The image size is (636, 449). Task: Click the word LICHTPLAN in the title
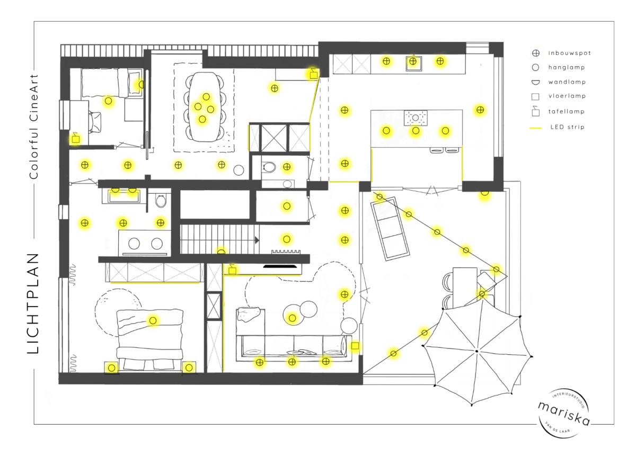click(x=33, y=303)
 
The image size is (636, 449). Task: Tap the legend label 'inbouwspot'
click(x=570, y=53)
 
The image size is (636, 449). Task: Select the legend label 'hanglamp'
click(x=567, y=67)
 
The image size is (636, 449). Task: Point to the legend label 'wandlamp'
click(x=567, y=82)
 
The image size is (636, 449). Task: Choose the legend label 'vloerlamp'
click(x=567, y=96)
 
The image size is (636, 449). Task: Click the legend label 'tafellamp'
click(x=567, y=112)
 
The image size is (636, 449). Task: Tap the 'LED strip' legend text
click(x=568, y=127)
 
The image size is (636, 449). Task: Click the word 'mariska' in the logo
click(x=564, y=414)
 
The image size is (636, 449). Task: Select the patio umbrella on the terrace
click(x=476, y=352)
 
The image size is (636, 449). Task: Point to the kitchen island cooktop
click(x=416, y=118)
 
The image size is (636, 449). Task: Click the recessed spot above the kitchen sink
click(x=413, y=61)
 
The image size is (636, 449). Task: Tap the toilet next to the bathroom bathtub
click(x=161, y=201)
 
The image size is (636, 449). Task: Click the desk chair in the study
click(x=95, y=122)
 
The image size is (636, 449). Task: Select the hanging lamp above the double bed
click(x=153, y=320)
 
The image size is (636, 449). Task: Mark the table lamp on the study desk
click(x=75, y=138)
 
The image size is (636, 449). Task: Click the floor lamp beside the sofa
click(x=355, y=346)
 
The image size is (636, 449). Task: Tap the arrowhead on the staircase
click(x=257, y=240)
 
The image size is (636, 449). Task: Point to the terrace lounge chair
click(x=390, y=228)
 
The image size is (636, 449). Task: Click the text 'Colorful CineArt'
click(x=33, y=127)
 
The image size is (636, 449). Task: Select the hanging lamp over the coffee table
click(x=293, y=318)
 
